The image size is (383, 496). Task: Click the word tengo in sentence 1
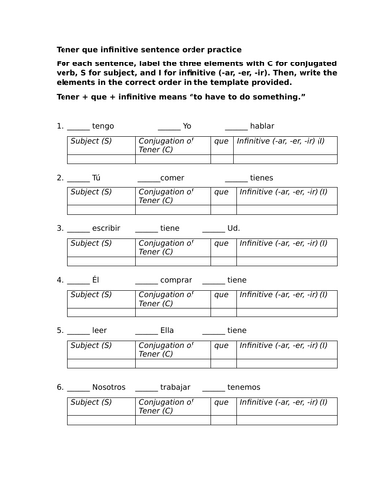103,126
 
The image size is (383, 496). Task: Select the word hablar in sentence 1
262,126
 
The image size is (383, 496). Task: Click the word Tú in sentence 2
96,177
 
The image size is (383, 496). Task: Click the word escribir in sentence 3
106,228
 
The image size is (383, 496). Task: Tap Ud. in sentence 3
233,228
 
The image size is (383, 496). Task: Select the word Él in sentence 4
96,280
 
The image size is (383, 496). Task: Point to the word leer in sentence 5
99,331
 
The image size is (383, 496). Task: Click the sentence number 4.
60,280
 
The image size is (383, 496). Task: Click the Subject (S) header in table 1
91,141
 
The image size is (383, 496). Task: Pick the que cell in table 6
220,401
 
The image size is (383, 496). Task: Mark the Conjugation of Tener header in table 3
171,248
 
